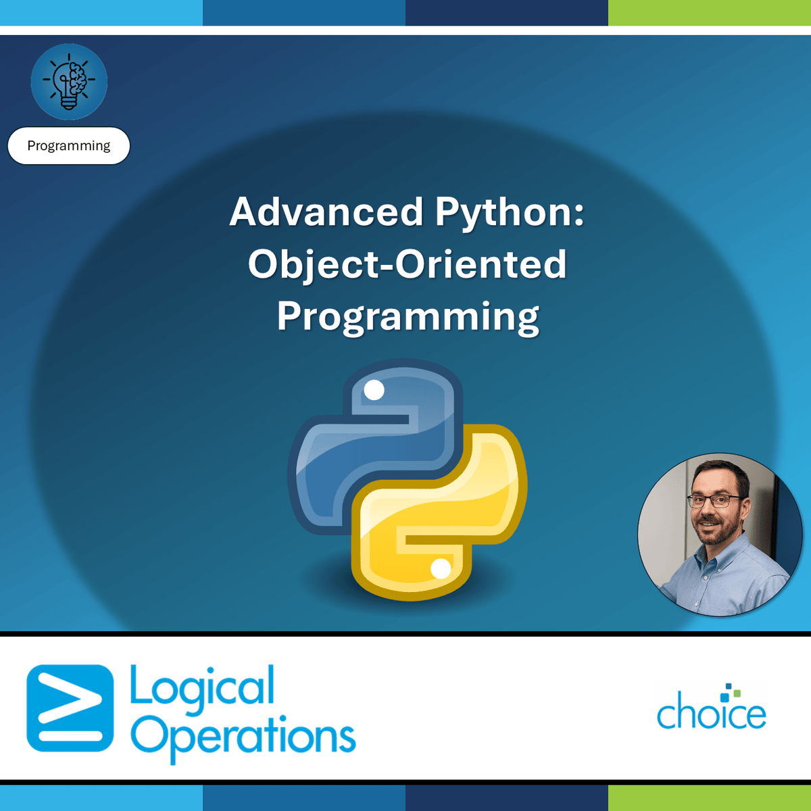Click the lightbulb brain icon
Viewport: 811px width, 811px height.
pyautogui.click(x=69, y=82)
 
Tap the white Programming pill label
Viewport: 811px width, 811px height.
pyautogui.click(x=69, y=145)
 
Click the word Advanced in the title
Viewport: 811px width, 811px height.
pyautogui.click(x=326, y=212)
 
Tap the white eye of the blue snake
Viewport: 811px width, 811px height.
pyautogui.click(x=374, y=390)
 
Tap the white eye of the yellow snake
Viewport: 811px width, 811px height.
pyautogui.click(x=441, y=569)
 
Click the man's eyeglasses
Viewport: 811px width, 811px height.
pyautogui.click(x=714, y=501)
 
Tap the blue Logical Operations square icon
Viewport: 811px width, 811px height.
pyautogui.click(x=70, y=708)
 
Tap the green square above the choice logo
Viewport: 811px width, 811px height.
pyautogui.click(x=737, y=693)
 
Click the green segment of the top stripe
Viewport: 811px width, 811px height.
pyautogui.click(x=710, y=13)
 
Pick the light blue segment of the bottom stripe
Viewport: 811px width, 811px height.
pyautogui.click(x=101, y=798)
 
